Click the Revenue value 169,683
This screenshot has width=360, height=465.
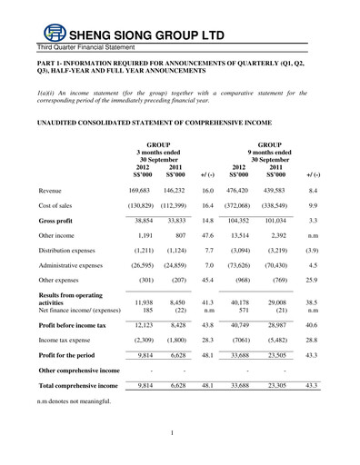[139, 192]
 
